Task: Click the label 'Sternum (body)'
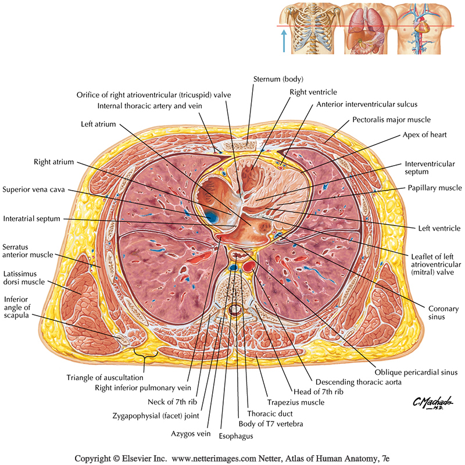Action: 278,78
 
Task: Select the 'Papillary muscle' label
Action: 434,188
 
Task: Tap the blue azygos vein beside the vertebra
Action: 234,267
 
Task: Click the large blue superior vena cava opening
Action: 212,217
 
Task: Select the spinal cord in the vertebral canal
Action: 235,310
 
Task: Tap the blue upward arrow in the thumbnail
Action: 284,42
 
